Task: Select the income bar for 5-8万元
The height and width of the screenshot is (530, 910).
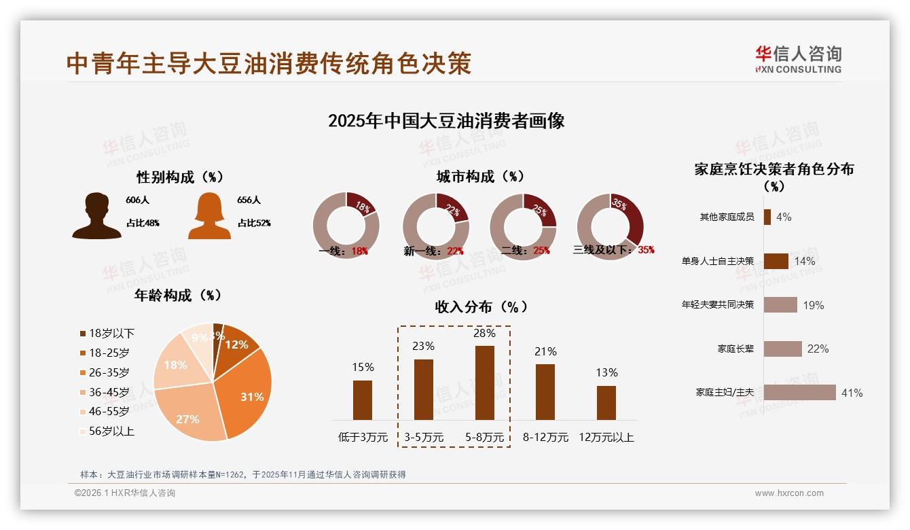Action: (485, 383)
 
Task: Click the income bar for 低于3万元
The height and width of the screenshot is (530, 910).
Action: (363, 400)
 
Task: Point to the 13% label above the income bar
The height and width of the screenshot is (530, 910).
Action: (606, 372)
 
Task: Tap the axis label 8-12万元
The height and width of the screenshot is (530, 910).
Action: (545, 437)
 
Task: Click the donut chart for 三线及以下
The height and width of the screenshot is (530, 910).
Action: (610, 226)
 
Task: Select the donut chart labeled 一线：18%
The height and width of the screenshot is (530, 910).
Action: (346, 226)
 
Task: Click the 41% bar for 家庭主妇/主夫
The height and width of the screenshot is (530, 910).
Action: (799, 392)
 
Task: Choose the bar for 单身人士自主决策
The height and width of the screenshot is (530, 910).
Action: (776, 261)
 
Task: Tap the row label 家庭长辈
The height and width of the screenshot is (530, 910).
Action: (735, 349)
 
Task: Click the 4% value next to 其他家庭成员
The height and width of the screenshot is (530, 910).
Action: (784, 217)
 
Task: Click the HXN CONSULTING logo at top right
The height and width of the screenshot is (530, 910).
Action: (798, 59)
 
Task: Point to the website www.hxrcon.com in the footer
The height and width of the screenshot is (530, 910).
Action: (788, 493)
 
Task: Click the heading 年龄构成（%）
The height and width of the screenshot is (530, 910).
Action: (178, 295)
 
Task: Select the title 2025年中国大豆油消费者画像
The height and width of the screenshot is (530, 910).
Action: (446, 121)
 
